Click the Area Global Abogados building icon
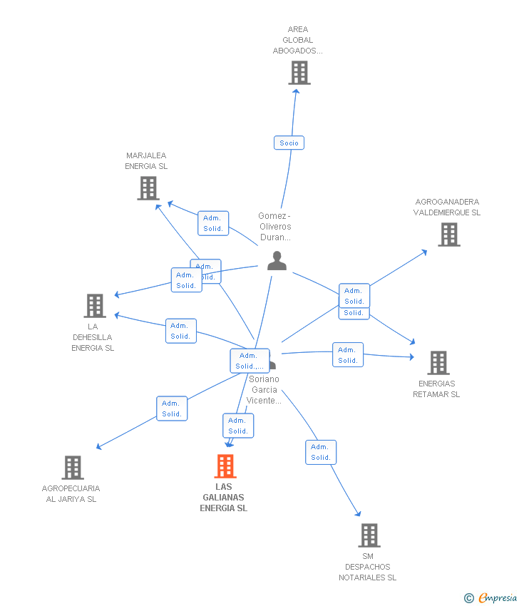pos(299,73)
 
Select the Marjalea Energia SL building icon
pos(148,188)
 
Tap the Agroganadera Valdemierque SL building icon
pos(448,235)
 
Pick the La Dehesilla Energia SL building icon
pos(94,306)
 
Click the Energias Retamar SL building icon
pos(438,363)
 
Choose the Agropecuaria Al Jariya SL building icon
pos(72,468)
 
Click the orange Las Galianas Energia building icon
pos(225,466)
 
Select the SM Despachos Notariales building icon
pos(369,535)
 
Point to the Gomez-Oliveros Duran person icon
pos(277,261)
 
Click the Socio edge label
pos(289,143)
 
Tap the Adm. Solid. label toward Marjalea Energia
pos(213,223)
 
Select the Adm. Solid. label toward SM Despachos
pos(321,452)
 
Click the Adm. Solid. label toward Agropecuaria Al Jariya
pos(172,409)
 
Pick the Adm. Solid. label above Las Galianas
pos(238,426)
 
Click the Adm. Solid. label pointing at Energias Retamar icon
pos(348,355)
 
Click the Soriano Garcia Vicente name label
pos(264,390)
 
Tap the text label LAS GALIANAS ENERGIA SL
pos(223,498)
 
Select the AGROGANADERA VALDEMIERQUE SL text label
pos(448,207)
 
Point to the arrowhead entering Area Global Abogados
pos(297,93)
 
